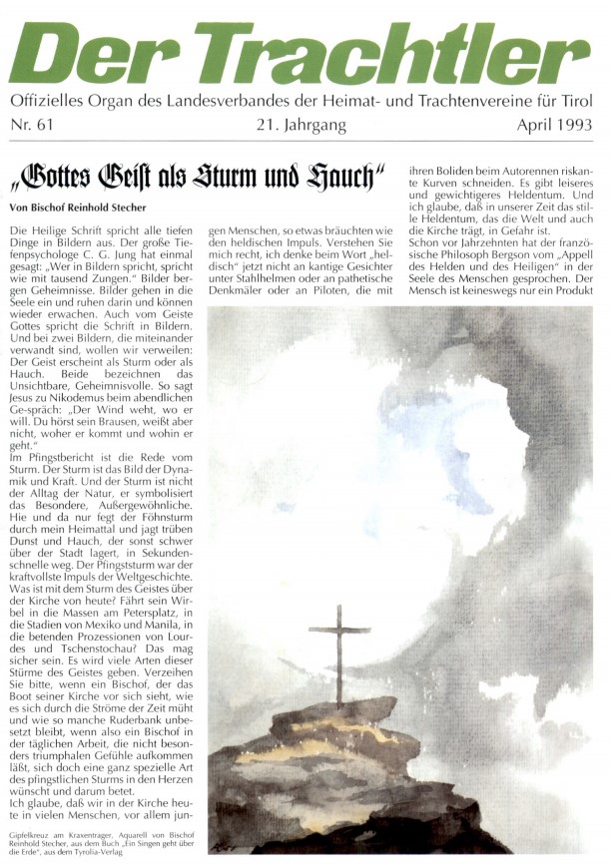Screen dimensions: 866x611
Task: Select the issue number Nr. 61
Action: click(33, 126)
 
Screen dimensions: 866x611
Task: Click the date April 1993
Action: click(555, 126)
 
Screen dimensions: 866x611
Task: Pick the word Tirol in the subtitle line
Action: click(583, 102)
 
